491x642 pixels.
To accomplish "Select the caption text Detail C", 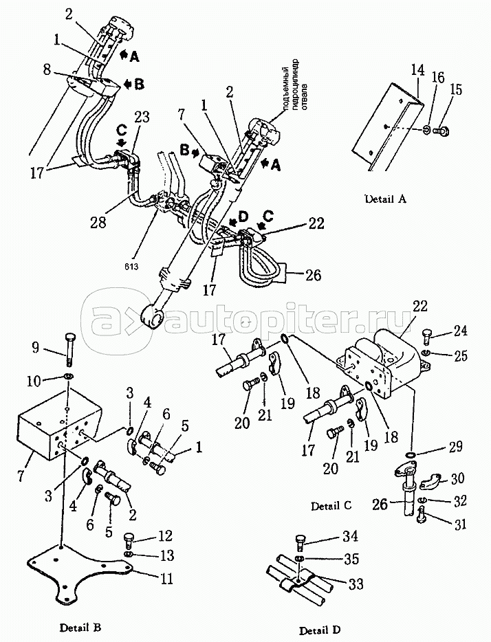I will (331, 506).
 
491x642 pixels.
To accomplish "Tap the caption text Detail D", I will (319, 630).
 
